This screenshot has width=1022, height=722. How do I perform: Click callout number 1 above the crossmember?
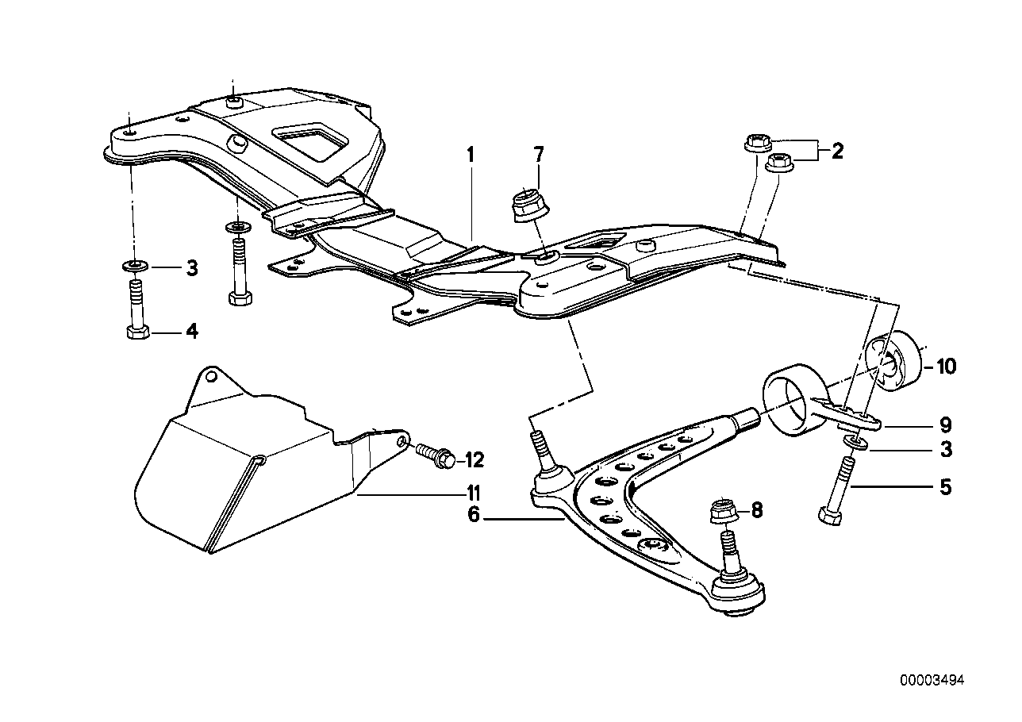point(470,154)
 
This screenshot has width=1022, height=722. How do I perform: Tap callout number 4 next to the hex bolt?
point(191,331)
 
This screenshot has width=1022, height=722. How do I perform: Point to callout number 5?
point(944,486)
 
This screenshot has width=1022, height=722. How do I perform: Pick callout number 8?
point(756,509)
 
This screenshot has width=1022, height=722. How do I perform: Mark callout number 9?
point(945,425)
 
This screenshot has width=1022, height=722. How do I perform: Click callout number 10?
point(946,367)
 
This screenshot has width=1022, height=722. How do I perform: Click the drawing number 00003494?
point(932,680)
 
